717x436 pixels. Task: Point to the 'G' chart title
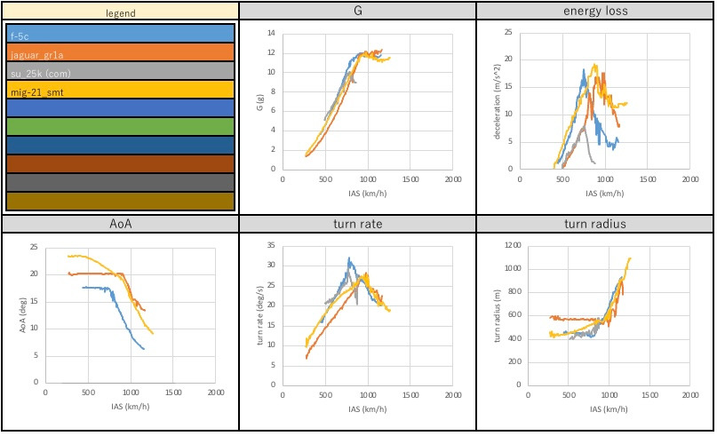[357, 10]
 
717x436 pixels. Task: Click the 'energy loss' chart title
[595, 10]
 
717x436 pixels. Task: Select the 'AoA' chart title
[119, 224]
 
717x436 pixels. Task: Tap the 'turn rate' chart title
[357, 224]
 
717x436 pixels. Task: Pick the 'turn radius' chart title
[595, 224]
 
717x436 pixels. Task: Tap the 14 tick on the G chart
[272, 34]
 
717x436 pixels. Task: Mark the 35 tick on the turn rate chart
[272, 244]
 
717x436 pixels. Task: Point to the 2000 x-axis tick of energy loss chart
[689, 178]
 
